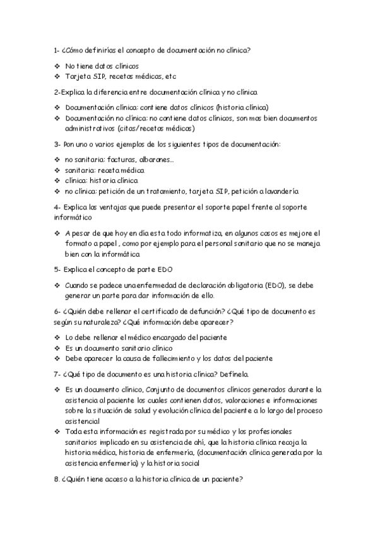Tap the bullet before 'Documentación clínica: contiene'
pos(57,107)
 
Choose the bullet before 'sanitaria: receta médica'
pos(57,170)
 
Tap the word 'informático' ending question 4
pos(73,217)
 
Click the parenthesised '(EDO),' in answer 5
pos(278,285)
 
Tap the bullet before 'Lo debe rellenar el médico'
pos(57,338)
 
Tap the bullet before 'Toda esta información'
pos(57,431)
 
